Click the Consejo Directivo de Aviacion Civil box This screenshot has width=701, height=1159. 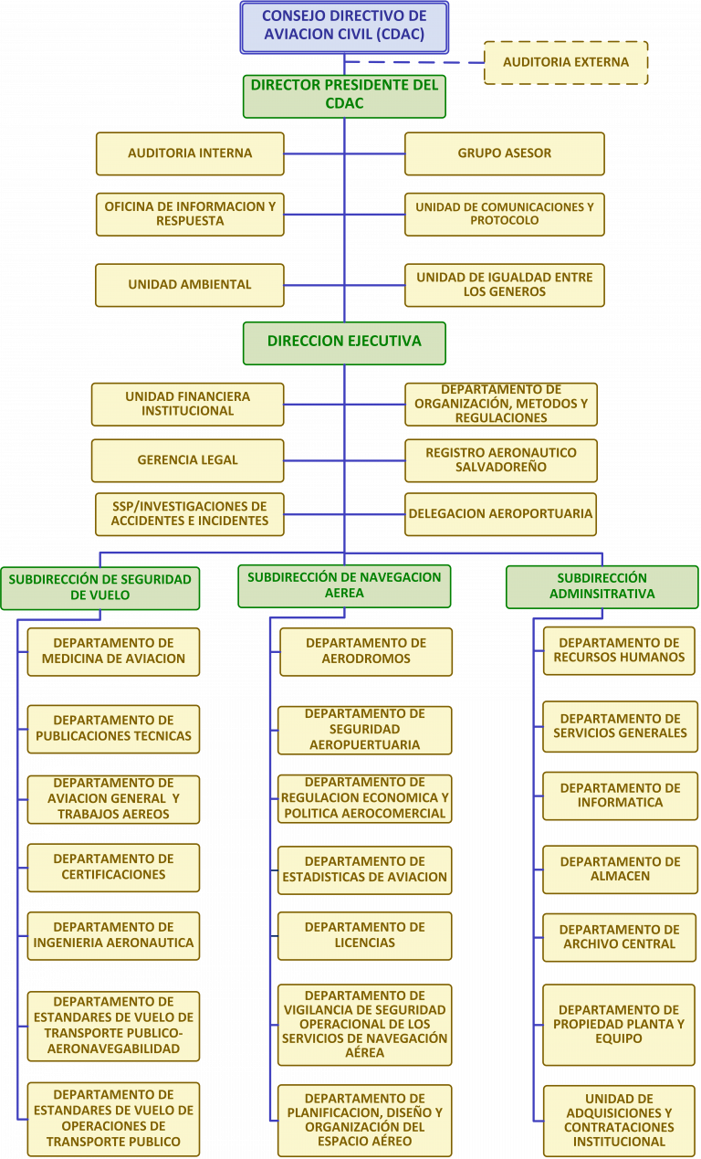(344, 27)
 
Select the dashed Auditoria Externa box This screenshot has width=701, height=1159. (566, 63)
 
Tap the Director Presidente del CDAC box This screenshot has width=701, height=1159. (344, 96)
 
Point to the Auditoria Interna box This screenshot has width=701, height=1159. (190, 153)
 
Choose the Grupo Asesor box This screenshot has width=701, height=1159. (505, 153)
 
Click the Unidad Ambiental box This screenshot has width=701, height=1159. (190, 285)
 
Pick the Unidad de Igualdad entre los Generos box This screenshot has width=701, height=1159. (505, 285)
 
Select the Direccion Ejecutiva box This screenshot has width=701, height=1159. (344, 343)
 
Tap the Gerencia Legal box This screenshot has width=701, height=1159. (188, 460)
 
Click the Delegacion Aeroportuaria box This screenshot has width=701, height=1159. (500, 514)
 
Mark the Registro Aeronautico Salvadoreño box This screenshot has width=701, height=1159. (501, 460)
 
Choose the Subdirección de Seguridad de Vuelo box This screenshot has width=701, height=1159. (100, 588)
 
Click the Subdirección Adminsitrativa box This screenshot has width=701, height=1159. (602, 586)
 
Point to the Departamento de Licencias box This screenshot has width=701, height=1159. (364, 936)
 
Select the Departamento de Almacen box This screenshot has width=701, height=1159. (621, 869)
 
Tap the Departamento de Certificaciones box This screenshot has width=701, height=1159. (113, 868)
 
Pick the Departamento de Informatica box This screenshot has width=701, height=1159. (621, 795)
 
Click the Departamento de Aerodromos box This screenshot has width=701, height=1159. (366, 652)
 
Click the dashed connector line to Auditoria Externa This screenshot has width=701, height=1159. (414, 62)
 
